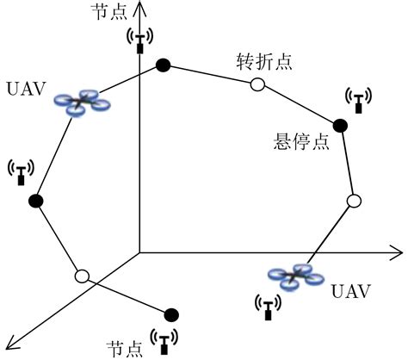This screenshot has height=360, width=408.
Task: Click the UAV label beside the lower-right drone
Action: [350, 291]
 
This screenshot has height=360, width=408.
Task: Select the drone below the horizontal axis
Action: [294, 276]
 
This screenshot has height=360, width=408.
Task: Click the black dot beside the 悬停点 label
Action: [340, 126]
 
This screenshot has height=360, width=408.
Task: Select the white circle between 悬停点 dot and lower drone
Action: [352, 201]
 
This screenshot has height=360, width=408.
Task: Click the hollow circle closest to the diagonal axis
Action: [82, 276]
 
